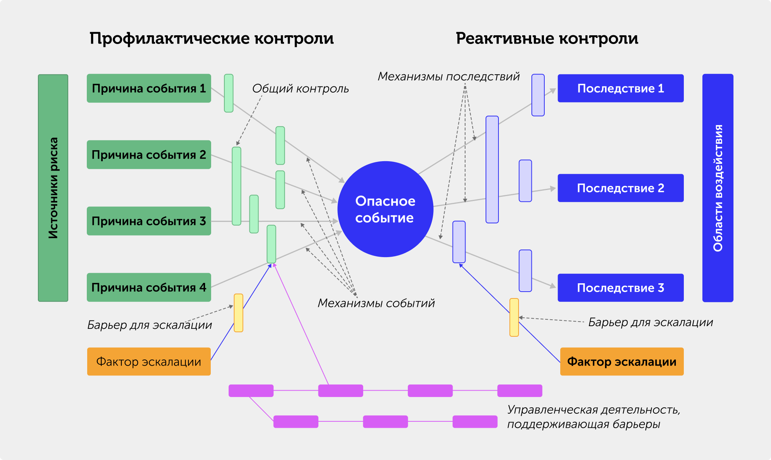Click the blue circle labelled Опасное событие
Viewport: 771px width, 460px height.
(x=385, y=209)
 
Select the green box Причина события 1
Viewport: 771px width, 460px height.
(x=149, y=88)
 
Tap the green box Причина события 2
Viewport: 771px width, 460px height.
(x=149, y=155)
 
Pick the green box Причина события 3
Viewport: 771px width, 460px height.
(x=149, y=221)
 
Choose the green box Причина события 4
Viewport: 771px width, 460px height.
(x=149, y=287)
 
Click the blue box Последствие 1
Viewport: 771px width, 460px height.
(x=621, y=88)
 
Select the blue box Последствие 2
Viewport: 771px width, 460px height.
(x=621, y=188)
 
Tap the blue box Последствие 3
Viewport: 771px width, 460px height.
(x=621, y=288)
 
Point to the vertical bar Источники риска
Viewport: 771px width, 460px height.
(x=53, y=188)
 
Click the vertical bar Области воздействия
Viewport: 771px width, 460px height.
(x=718, y=188)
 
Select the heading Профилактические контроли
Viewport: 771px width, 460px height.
(x=212, y=39)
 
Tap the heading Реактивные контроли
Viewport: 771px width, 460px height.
(x=547, y=39)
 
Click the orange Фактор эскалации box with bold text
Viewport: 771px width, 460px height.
(x=622, y=362)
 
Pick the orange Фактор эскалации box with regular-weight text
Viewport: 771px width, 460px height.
(x=149, y=362)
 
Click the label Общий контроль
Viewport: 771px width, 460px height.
(x=300, y=89)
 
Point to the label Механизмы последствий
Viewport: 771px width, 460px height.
(x=448, y=77)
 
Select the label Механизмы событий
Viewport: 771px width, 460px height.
(x=376, y=303)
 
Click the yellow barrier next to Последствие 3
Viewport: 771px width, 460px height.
(x=514, y=317)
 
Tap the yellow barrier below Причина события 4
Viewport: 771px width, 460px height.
(x=238, y=313)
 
